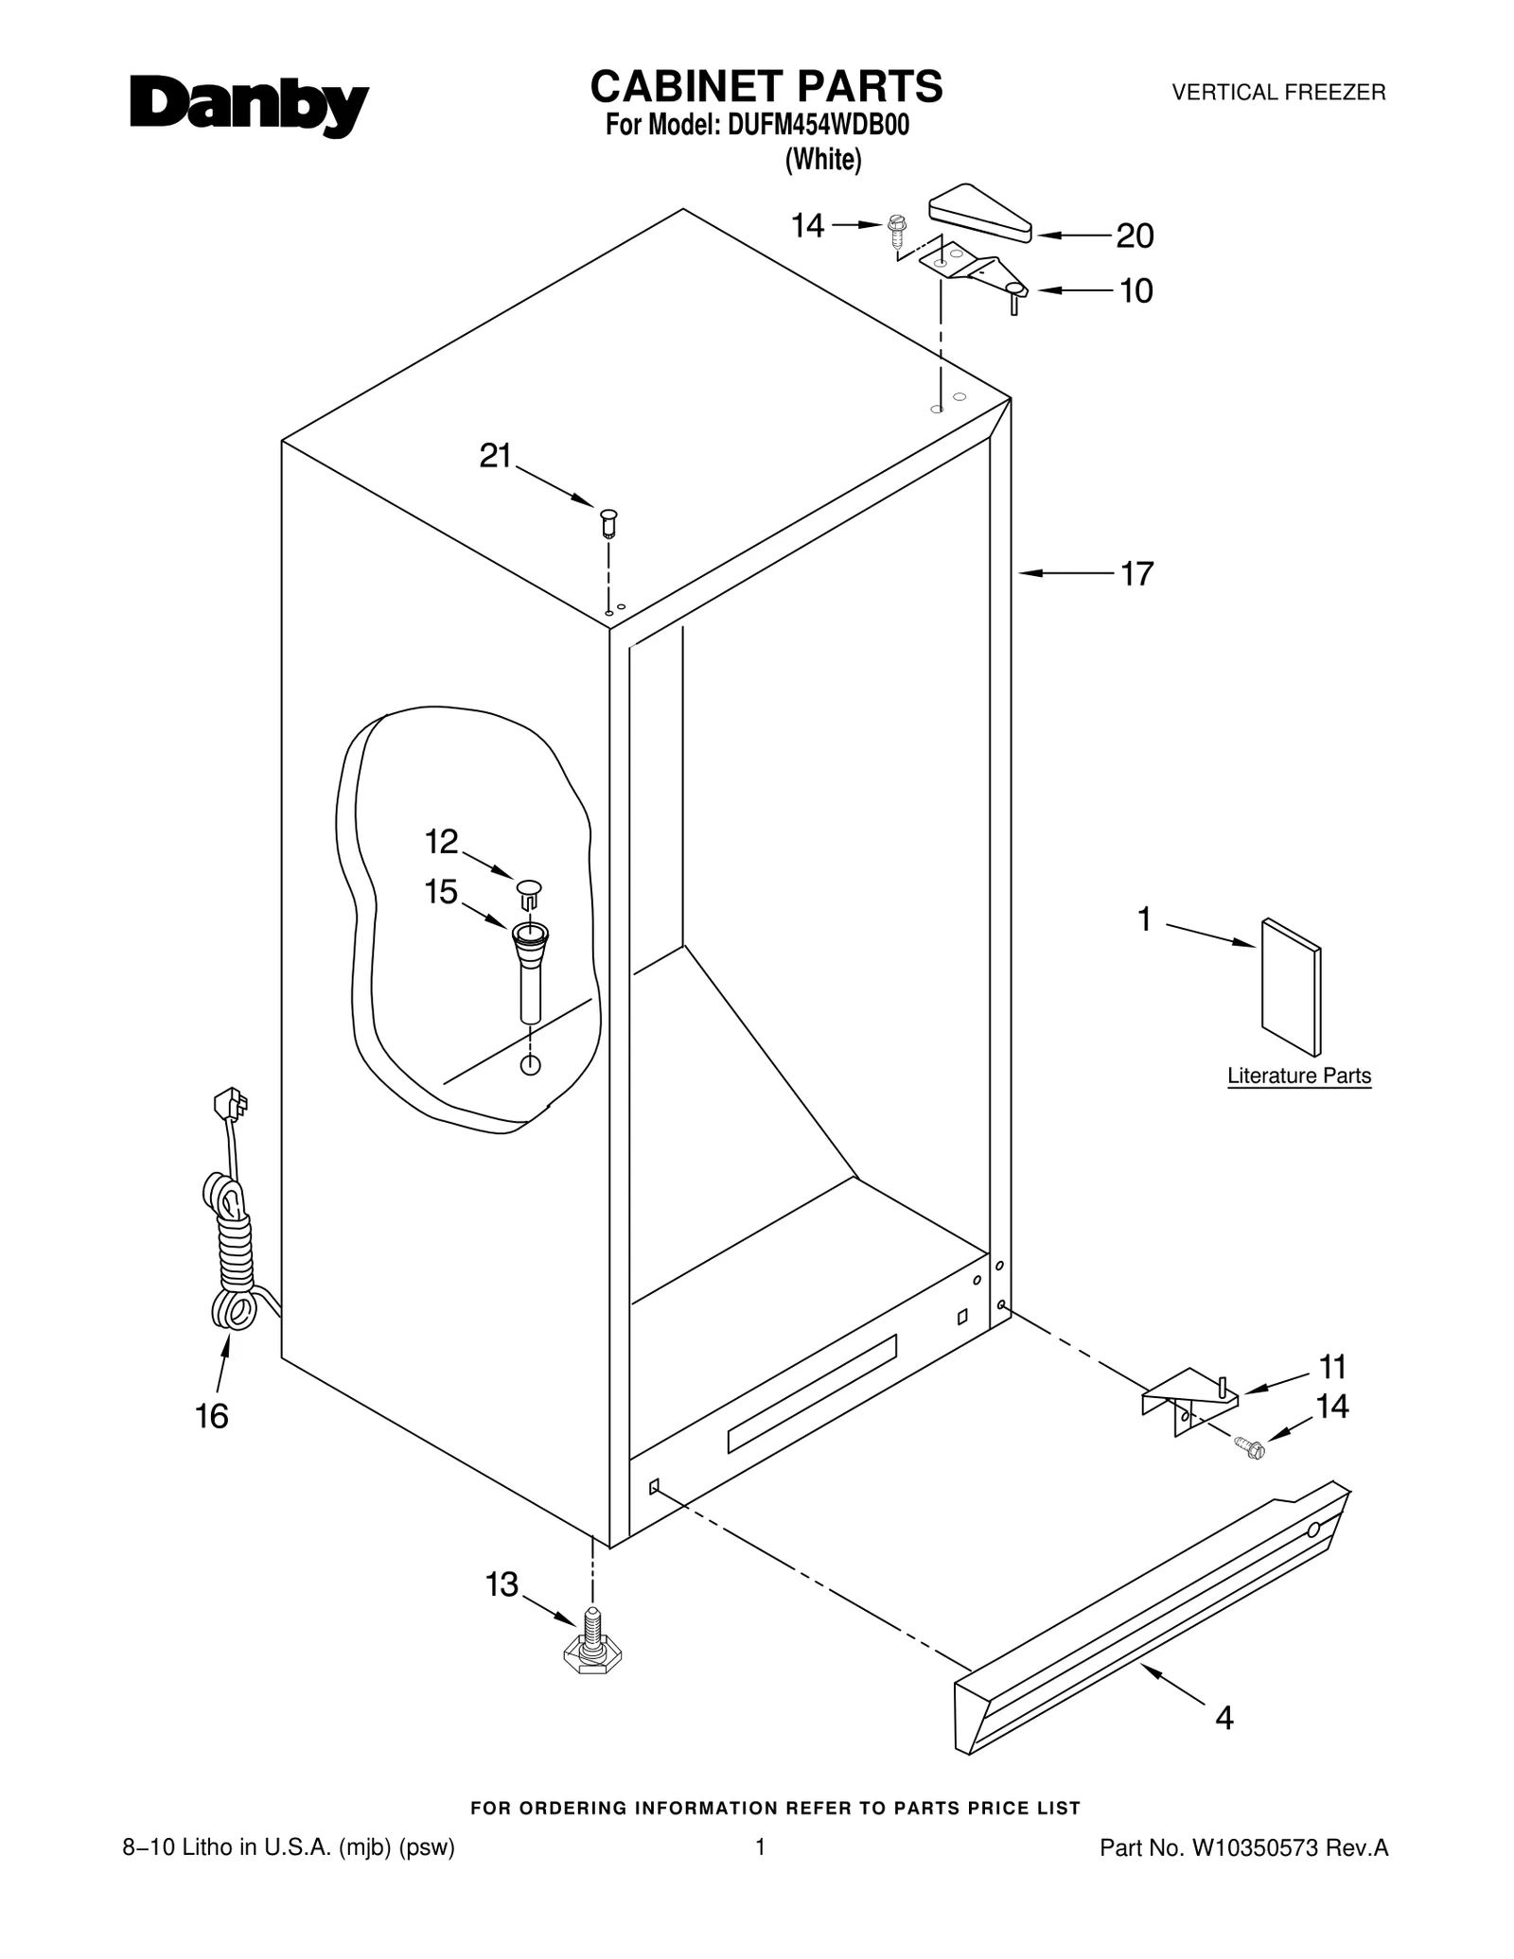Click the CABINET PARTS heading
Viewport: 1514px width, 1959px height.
[x=766, y=86]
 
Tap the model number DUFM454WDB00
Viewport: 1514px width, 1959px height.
[x=819, y=126]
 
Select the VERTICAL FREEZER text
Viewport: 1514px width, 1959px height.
[x=1278, y=93]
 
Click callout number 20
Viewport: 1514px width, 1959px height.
[x=1135, y=236]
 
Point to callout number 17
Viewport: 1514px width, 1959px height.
[x=1136, y=573]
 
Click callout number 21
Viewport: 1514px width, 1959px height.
[x=495, y=457]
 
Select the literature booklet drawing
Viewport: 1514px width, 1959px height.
[x=1291, y=987]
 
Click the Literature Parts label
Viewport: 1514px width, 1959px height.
[x=1298, y=1076]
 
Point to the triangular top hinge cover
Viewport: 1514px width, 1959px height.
[x=979, y=212]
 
